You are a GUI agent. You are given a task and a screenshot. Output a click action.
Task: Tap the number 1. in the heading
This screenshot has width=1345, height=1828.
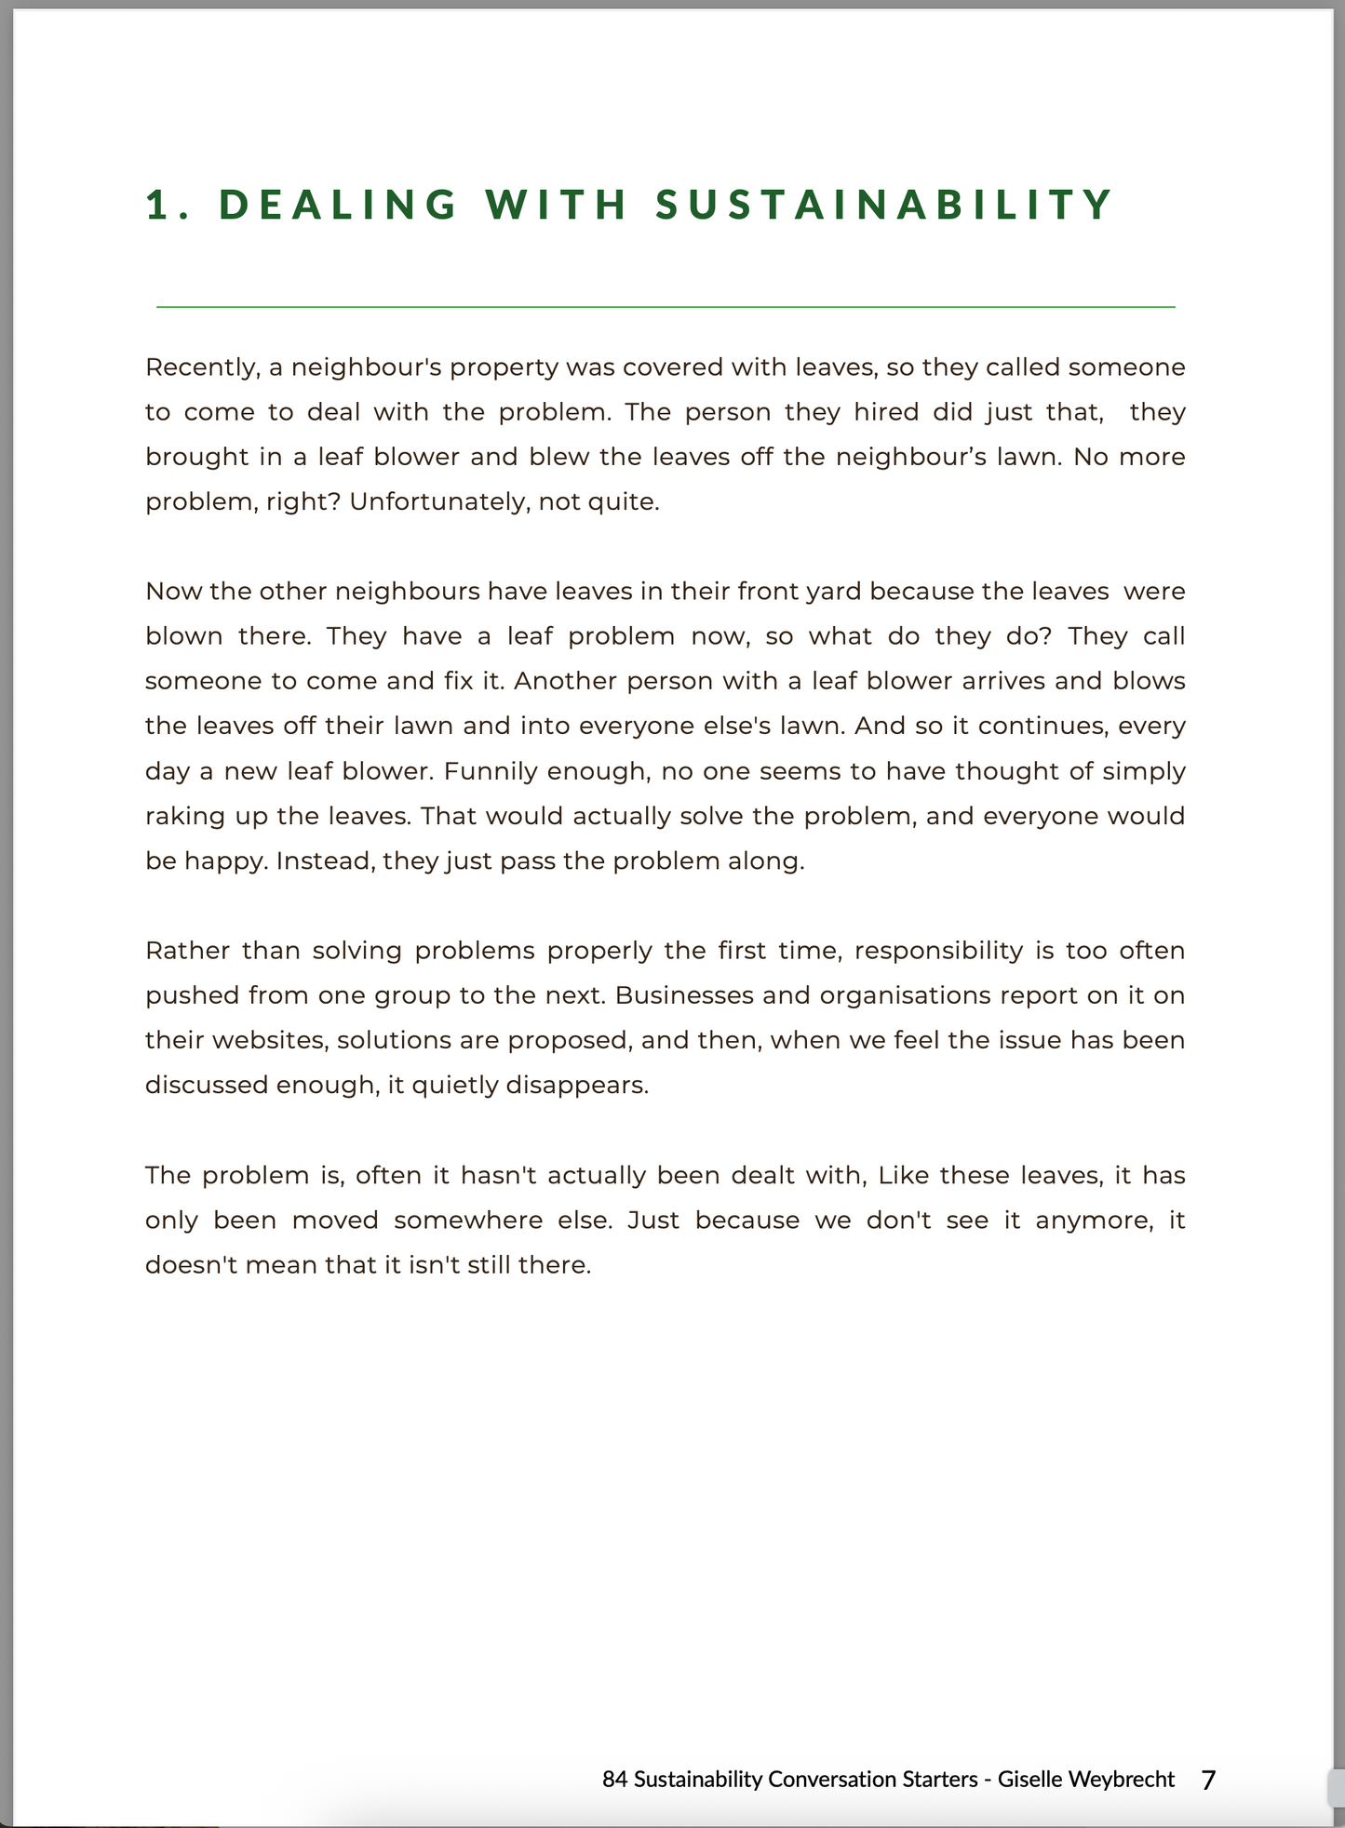click(168, 205)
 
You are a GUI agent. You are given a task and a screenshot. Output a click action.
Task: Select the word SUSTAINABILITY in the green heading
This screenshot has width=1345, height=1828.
click(884, 205)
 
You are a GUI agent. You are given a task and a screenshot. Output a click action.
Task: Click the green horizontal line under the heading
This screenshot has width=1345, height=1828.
click(666, 306)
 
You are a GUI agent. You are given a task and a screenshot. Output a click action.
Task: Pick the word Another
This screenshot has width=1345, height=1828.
click(565, 682)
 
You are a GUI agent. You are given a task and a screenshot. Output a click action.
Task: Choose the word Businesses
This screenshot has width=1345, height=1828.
click(684, 995)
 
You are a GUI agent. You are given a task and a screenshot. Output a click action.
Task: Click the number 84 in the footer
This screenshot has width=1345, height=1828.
click(614, 1780)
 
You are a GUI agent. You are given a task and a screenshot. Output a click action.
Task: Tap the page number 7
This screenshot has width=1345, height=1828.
click(1208, 1780)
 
